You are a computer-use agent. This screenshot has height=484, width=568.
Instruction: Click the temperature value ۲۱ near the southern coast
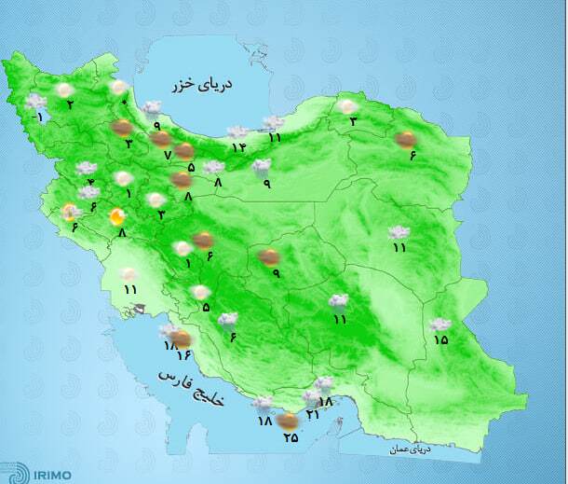tap(313, 414)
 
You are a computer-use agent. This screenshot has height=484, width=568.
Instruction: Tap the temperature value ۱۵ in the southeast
tap(440, 340)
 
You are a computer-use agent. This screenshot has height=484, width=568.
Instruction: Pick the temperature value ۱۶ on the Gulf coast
tap(183, 356)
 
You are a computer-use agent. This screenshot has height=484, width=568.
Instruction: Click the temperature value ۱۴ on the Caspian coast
tap(238, 147)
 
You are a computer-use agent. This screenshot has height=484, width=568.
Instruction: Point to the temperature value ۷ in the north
tap(168, 155)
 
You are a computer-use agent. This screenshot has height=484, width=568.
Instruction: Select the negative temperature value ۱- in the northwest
tap(37, 118)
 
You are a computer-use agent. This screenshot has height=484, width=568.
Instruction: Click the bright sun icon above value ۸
tap(117, 218)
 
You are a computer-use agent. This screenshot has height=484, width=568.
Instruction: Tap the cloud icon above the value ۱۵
tap(440, 325)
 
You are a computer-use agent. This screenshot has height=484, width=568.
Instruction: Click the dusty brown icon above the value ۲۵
tap(289, 421)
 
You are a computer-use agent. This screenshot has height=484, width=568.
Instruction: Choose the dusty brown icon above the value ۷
tap(160, 139)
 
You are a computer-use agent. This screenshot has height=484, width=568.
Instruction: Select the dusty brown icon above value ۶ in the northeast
tap(405, 140)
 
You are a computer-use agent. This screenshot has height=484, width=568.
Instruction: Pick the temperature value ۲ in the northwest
tap(70, 104)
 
